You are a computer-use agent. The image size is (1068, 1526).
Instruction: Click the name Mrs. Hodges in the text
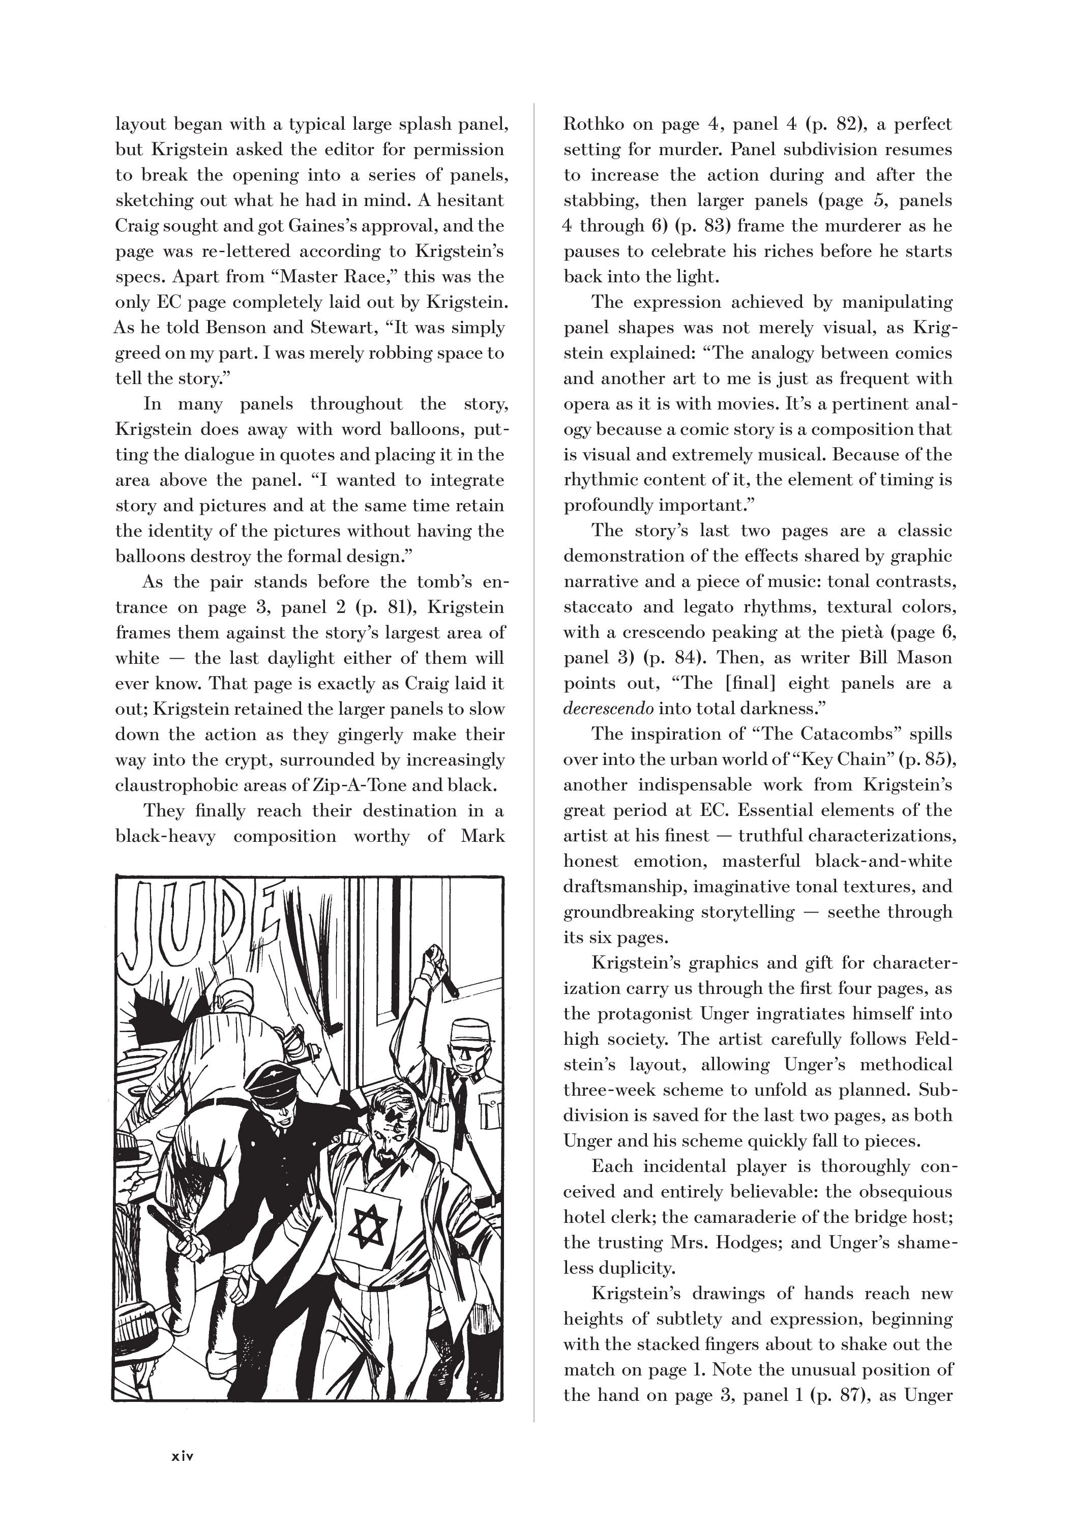pos(734,1242)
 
